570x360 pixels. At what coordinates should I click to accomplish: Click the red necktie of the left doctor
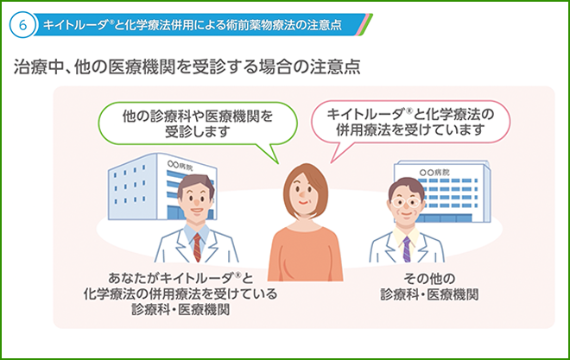coord(198,245)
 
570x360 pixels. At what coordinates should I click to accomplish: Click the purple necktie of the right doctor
coord(406,249)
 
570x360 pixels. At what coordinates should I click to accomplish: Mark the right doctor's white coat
coord(384,250)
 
